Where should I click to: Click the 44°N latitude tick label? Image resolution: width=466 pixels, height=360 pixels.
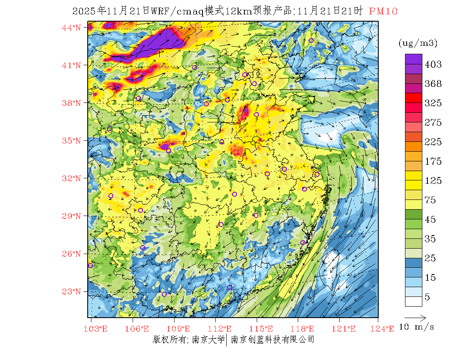(x=72, y=28)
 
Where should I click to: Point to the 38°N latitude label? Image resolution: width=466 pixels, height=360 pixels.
(x=72, y=103)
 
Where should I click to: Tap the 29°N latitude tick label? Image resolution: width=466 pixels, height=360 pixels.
(x=72, y=216)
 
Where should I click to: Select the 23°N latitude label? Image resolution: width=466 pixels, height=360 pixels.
(x=72, y=291)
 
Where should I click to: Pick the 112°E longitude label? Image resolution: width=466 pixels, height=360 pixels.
(x=222, y=329)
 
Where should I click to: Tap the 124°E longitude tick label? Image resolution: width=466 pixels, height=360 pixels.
(x=386, y=329)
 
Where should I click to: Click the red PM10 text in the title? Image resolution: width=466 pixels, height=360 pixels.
(x=383, y=11)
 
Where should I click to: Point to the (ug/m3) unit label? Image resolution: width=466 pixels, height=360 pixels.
(x=418, y=43)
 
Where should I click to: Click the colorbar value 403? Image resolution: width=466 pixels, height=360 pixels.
(x=433, y=64)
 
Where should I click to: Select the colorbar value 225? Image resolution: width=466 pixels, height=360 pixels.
(x=433, y=142)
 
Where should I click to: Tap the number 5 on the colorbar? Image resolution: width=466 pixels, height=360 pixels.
(x=427, y=297)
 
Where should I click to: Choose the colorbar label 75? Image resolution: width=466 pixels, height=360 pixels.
(x=430, y=200)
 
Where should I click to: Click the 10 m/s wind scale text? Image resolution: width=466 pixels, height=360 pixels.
(x=417, y=327)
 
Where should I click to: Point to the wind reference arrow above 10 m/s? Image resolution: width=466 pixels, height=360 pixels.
(x=415, y=317)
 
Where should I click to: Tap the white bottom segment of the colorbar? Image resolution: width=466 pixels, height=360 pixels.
(x=413, y=301)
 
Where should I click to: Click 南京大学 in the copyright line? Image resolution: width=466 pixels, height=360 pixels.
(x=208, y=339)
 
